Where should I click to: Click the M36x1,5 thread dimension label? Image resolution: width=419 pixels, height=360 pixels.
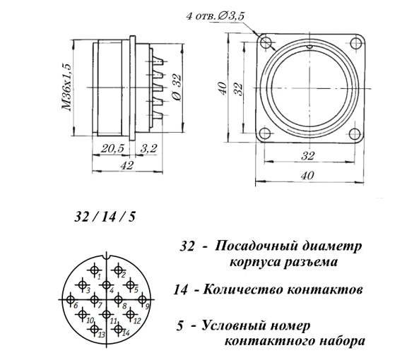(67, 88)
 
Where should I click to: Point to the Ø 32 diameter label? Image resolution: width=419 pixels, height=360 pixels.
(177, 87)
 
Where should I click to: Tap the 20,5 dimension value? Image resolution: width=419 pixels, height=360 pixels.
(112, 148)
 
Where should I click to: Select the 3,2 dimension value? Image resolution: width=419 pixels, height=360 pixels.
(148, 148)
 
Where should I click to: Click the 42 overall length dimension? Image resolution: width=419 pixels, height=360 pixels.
(126, 165)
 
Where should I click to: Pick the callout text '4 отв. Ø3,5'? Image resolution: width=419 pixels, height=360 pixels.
(215, 16)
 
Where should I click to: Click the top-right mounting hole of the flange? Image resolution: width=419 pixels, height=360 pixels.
(355, 42)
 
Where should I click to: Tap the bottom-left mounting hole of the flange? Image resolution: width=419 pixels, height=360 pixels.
(264, 133)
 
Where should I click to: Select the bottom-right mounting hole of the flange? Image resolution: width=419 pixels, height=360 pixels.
(355, 133)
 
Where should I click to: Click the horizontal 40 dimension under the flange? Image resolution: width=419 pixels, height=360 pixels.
(307, 176)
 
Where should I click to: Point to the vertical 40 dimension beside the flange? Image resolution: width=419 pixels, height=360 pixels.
(223, 88)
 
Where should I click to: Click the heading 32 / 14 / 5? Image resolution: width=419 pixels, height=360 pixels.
(105, 217)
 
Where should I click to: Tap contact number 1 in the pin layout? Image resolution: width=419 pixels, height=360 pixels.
(94, 270)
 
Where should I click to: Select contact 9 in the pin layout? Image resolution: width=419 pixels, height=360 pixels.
(142, 299)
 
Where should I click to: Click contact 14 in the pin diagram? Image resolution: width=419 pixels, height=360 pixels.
(118, 329)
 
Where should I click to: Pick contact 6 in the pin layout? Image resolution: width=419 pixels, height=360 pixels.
(71, 299)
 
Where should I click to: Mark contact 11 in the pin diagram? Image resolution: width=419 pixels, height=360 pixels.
(107, 314)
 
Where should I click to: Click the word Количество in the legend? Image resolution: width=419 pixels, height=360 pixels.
(243, 289)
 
